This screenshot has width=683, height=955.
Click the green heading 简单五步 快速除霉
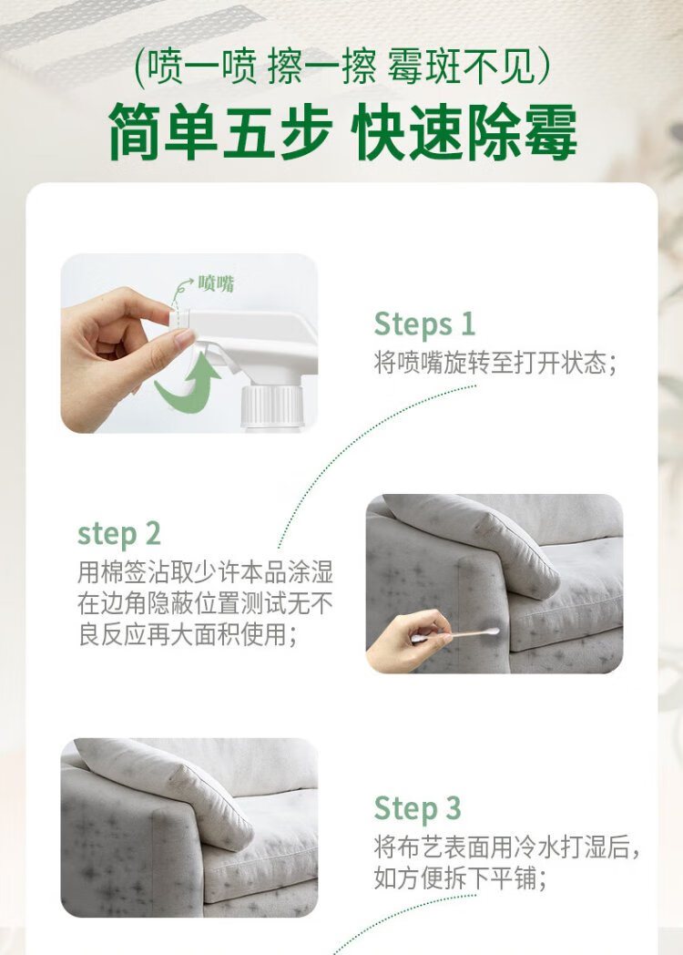[x=342, y=131]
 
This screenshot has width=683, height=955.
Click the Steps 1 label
[x=424, y=324]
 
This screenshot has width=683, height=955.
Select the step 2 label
[x=119, y=534]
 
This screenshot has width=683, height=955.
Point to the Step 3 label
[x=418, y=809]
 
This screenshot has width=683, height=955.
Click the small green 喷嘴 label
[x=216, y=283]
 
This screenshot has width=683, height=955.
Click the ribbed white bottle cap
[x=271, y=405]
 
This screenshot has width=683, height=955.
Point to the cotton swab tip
[x=491, y=632]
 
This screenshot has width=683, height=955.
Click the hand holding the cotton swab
[x=408, y=641]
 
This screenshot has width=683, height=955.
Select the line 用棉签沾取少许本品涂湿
[x=205, y=572]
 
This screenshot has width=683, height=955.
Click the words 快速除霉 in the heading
[x=464, y=131]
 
